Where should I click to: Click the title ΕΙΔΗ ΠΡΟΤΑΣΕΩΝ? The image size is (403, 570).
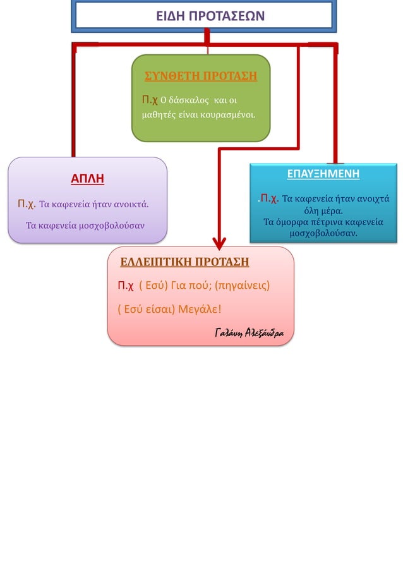tap(202, 16)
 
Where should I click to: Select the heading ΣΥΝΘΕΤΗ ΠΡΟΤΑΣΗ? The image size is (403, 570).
tap(201, 76)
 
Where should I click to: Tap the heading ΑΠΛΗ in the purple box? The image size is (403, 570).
tap(87, 179)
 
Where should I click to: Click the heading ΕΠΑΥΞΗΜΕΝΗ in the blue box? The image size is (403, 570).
tap(323, 174)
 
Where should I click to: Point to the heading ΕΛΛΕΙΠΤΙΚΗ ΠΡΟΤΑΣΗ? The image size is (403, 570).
tap(184, 262)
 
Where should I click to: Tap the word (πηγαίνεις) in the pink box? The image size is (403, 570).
tap(242, 286)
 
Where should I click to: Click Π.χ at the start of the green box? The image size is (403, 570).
tap(148, 100)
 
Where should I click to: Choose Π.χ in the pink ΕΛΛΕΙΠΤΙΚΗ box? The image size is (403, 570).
tap(126, 286)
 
